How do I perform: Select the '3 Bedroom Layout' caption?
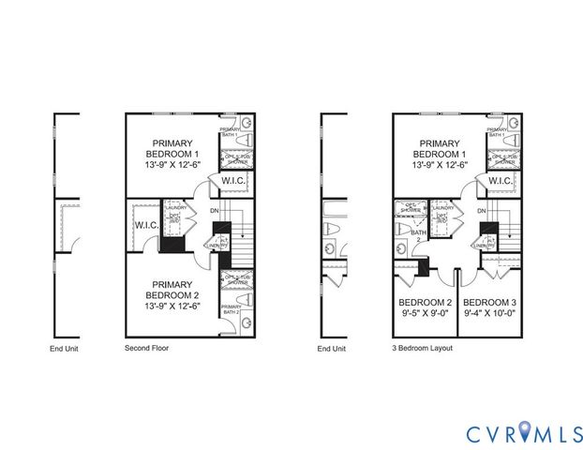click(423, 348)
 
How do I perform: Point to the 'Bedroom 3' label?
click(490, 308)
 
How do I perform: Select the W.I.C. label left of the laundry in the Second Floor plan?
click(145, 225)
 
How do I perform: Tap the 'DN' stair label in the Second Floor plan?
click(216, 211)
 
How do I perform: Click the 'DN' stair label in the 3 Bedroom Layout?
click(482, 211)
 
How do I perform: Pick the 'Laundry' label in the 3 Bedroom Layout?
click(442, 207)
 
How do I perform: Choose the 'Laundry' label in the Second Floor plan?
click(175, 207)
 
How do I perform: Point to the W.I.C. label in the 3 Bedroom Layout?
click(501, 181)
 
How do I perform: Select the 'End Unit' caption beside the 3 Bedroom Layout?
click(332, 348)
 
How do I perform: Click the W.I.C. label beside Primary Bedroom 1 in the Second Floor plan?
click(233, 181)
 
